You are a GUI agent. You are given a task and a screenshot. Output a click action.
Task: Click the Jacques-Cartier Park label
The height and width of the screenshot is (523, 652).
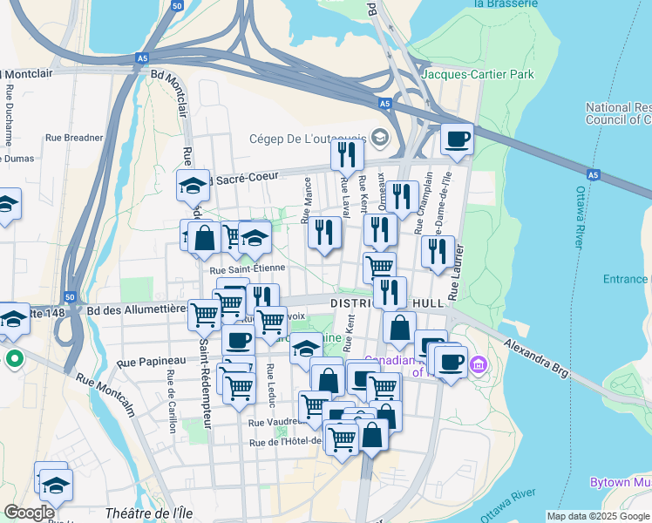(478, 74)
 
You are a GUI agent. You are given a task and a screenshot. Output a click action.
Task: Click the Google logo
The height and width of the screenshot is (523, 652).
(29, 513)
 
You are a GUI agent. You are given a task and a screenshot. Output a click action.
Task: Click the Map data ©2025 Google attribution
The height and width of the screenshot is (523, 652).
(598, 516)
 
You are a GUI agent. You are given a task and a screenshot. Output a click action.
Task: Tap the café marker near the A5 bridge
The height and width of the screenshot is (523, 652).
(456, 139)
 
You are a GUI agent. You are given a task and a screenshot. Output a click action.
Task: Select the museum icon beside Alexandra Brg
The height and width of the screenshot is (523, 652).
(479, 363)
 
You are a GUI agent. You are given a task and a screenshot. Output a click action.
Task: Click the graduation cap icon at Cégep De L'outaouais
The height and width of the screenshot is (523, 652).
(379, 137)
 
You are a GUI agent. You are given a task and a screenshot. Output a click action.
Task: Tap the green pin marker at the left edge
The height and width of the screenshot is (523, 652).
(14, 358)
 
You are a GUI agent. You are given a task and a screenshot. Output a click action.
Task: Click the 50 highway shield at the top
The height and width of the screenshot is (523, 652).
(177, 5)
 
